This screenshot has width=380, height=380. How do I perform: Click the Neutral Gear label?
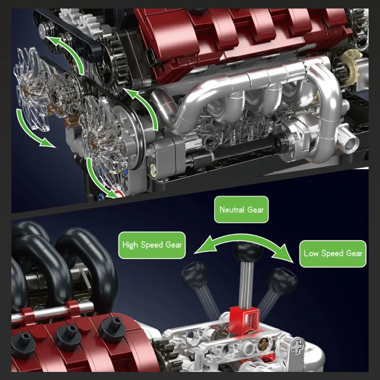241,209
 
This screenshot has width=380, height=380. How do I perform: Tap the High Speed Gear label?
152,246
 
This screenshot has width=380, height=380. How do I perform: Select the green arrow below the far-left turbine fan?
31,131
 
